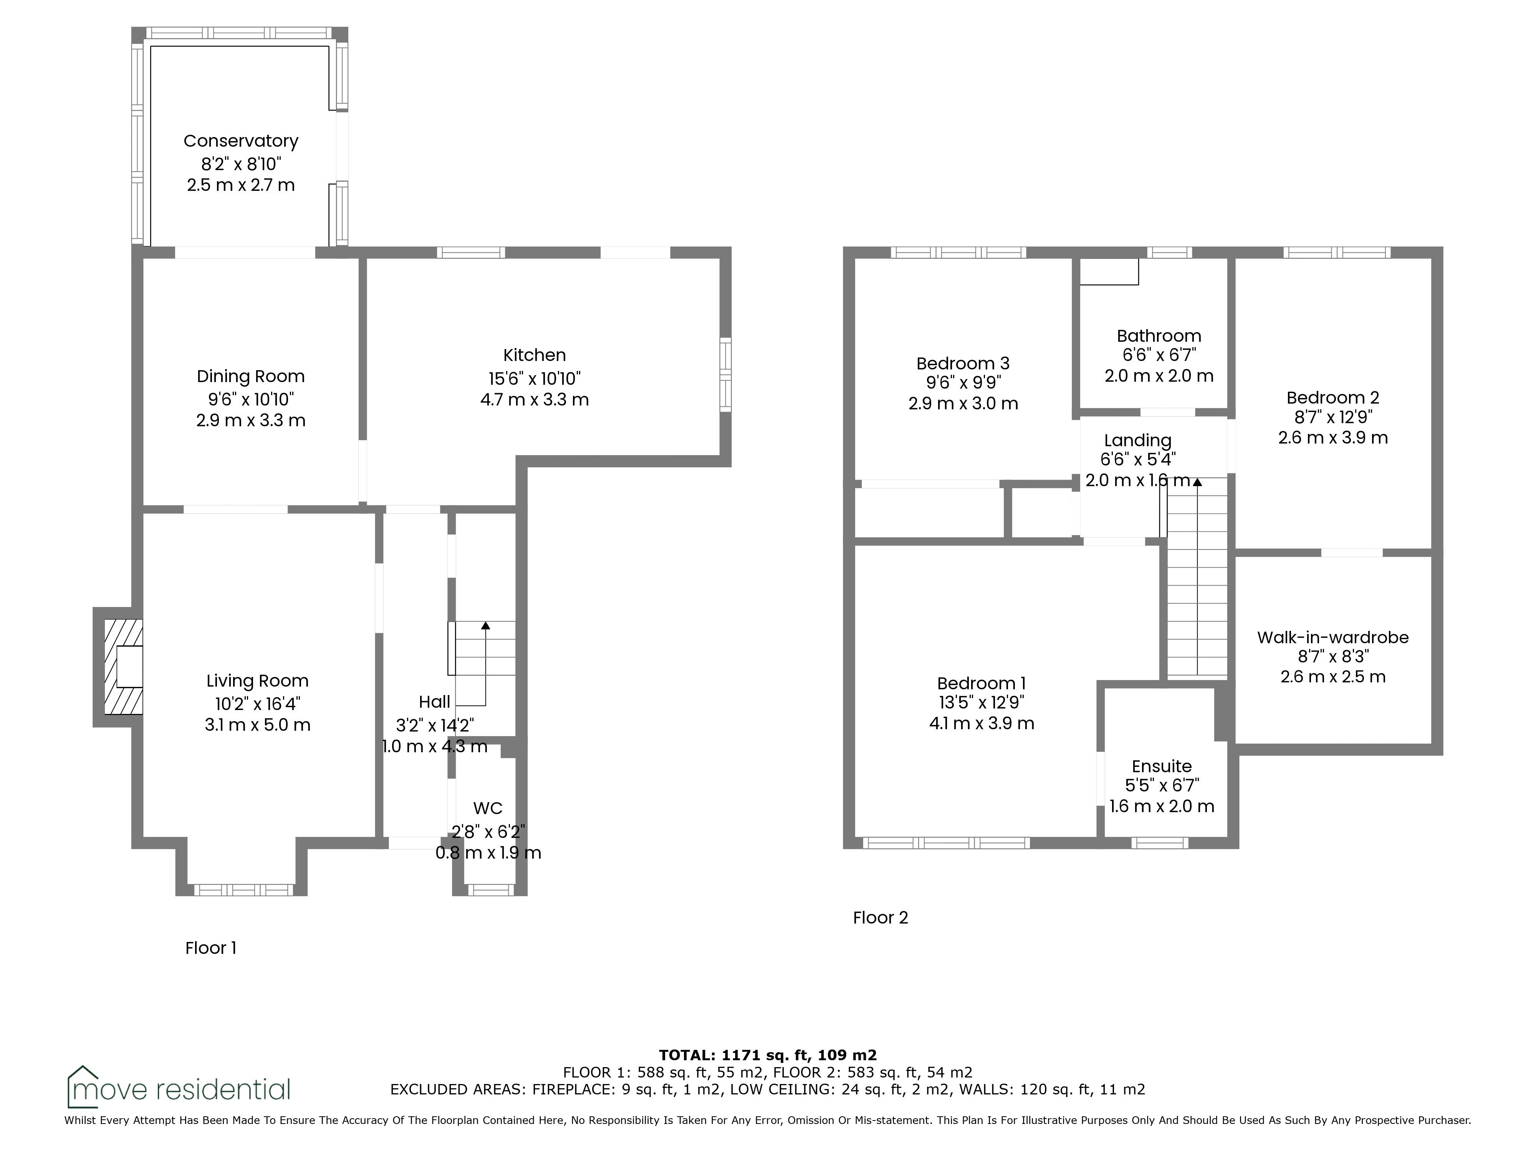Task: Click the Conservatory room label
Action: [x=241, y=141]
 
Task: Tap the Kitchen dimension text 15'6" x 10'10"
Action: [x=535, y=379]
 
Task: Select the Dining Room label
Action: [x=251, y=376]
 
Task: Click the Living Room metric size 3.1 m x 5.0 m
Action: [x=258, y=725]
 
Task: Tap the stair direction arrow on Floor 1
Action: [x=485, y=663]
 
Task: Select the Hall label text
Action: [x=435, y=702]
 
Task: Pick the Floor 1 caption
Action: [x=211, y=948]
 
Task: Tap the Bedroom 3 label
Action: [x=963, y=363]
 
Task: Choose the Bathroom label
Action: [x=1159, y=336]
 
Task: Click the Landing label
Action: [x=1137, y=440]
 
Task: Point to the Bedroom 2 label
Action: [x=1332, y=398]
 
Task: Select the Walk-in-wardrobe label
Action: [x=1332, y=637]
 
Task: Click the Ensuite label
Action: [x=1162, y=766]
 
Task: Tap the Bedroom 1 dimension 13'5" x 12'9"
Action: [x=981, y=703]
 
